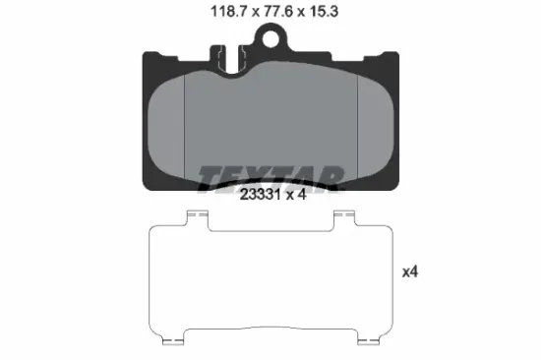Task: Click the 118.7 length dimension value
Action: point(229,12)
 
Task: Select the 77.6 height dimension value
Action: point(278,12)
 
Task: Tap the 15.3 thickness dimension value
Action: point(324,12)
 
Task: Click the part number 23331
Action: point(260,195)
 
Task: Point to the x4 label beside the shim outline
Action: point(410,272)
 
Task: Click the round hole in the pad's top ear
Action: point(270,38)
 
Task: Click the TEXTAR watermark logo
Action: point(271,178)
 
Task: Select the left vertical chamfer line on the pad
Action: point(185,127)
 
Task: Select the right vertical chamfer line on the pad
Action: point(357,127)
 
